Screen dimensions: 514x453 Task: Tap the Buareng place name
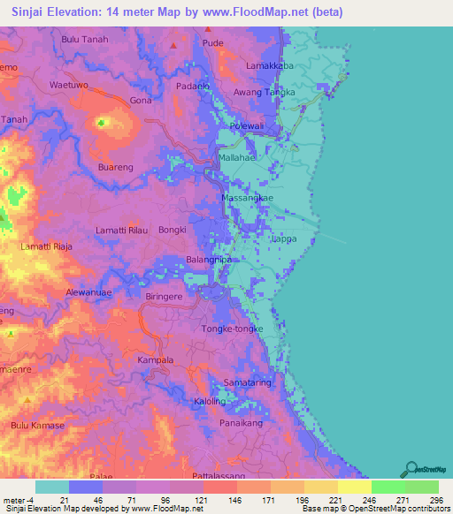pos(115,166)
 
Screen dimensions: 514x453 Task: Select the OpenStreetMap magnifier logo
pos(410,469)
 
